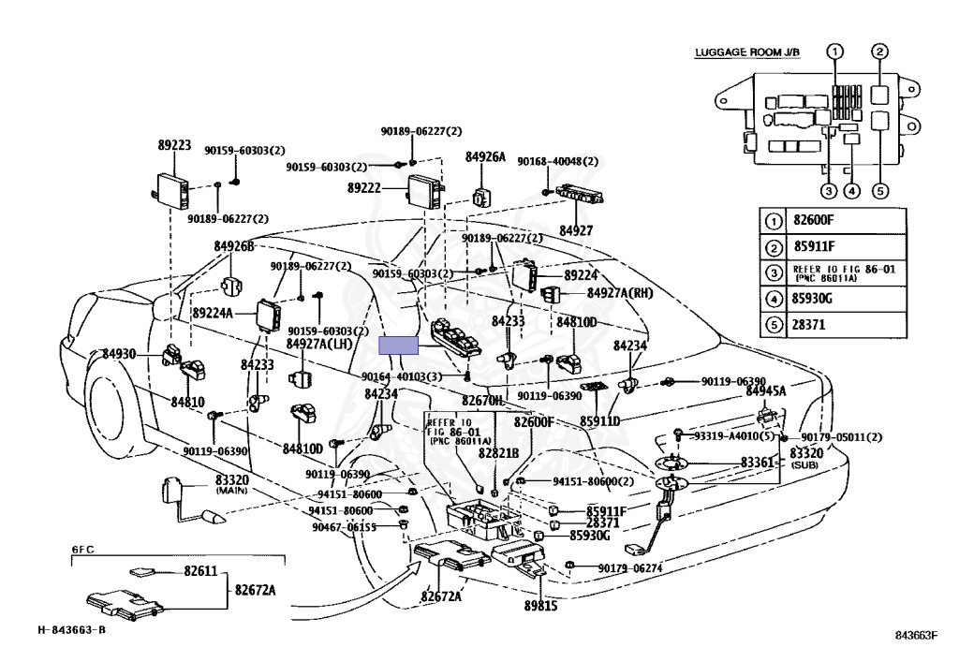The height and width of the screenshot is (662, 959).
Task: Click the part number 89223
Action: pos(174,145)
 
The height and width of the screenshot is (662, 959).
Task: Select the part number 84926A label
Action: pos(485,157)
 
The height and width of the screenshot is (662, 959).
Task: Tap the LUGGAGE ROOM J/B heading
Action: pos(747,52)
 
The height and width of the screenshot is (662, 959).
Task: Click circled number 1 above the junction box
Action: pos(835,51)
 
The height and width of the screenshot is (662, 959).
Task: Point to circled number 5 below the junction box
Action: pos(879,192)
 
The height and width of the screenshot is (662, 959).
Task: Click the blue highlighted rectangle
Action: pos(398,346)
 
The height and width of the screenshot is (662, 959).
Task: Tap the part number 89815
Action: pos(541,605)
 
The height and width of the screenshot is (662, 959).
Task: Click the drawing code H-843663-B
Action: pos(72,629)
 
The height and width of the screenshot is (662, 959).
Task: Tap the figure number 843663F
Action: pos(915,635)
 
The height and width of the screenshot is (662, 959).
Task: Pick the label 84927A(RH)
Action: pos(620,293)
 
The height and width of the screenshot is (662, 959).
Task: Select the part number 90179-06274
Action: pos(630,567)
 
